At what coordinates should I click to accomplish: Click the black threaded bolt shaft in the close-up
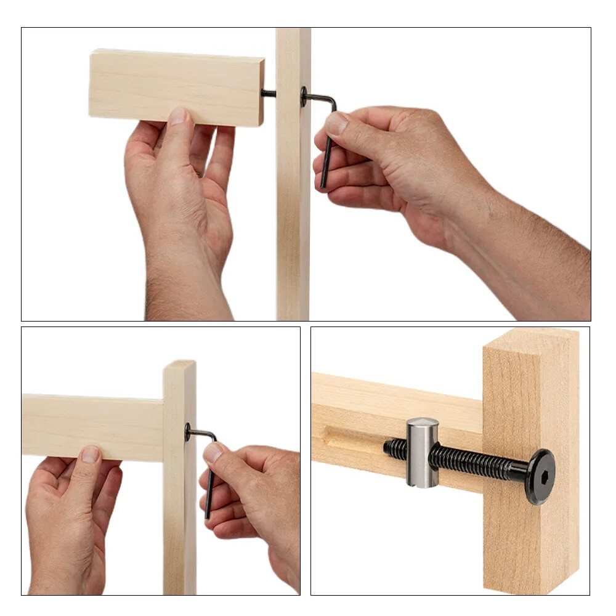[474, 463]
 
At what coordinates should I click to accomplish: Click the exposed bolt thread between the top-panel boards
[269, 94]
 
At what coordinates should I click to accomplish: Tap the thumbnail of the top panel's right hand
[336, 124]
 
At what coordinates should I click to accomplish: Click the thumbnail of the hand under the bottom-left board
[91, 454]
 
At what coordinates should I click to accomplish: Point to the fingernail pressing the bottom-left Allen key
[214, 453]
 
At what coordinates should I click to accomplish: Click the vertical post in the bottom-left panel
[179, 524]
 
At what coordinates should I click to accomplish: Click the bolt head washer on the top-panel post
[304, 96]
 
